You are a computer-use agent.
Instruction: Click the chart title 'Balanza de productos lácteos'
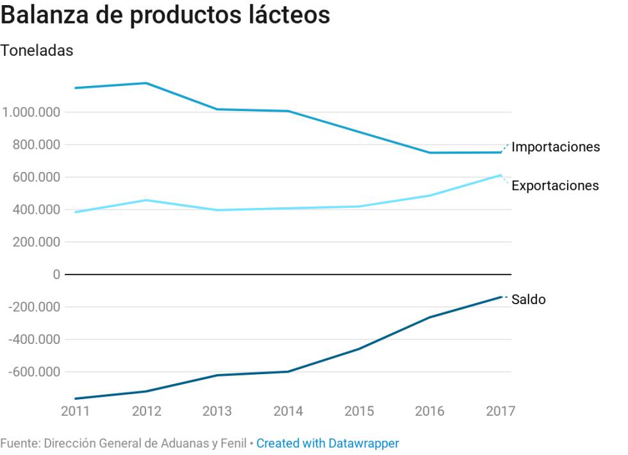click(x=165, y=15)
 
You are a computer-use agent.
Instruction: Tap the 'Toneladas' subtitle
click(x=37, y=51)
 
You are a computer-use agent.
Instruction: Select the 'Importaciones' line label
click(x=556, y=147)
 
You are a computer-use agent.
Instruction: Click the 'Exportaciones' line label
click(x=555, y=185)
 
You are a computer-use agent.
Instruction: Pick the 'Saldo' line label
click(x=529, y=300)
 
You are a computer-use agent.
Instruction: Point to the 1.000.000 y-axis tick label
click(x=31, y=112)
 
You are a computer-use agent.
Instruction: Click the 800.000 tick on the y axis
click(x=36, y=145)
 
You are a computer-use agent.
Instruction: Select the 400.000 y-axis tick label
click(x=36, y=210)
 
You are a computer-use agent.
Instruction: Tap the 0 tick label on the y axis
click(x=56, y=275)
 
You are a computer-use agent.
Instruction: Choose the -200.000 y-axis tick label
click(x=34, y=307)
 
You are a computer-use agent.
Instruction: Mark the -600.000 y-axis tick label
click(x=34, y=372)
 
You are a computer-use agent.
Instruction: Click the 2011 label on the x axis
click(x=76, y=411)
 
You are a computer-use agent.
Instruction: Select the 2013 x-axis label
click(x=217, y=411)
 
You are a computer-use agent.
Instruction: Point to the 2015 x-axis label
click(x=359, y=411)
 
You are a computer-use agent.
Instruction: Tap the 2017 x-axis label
click(x=500, y=411)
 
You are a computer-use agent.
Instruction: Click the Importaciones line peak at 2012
click(x=147, y=83)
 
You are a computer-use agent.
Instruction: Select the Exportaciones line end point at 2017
click(x=501, y=175)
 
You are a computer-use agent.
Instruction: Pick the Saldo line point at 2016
click(x=430, y=317)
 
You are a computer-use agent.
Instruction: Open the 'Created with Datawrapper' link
click(x=327, y=443)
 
